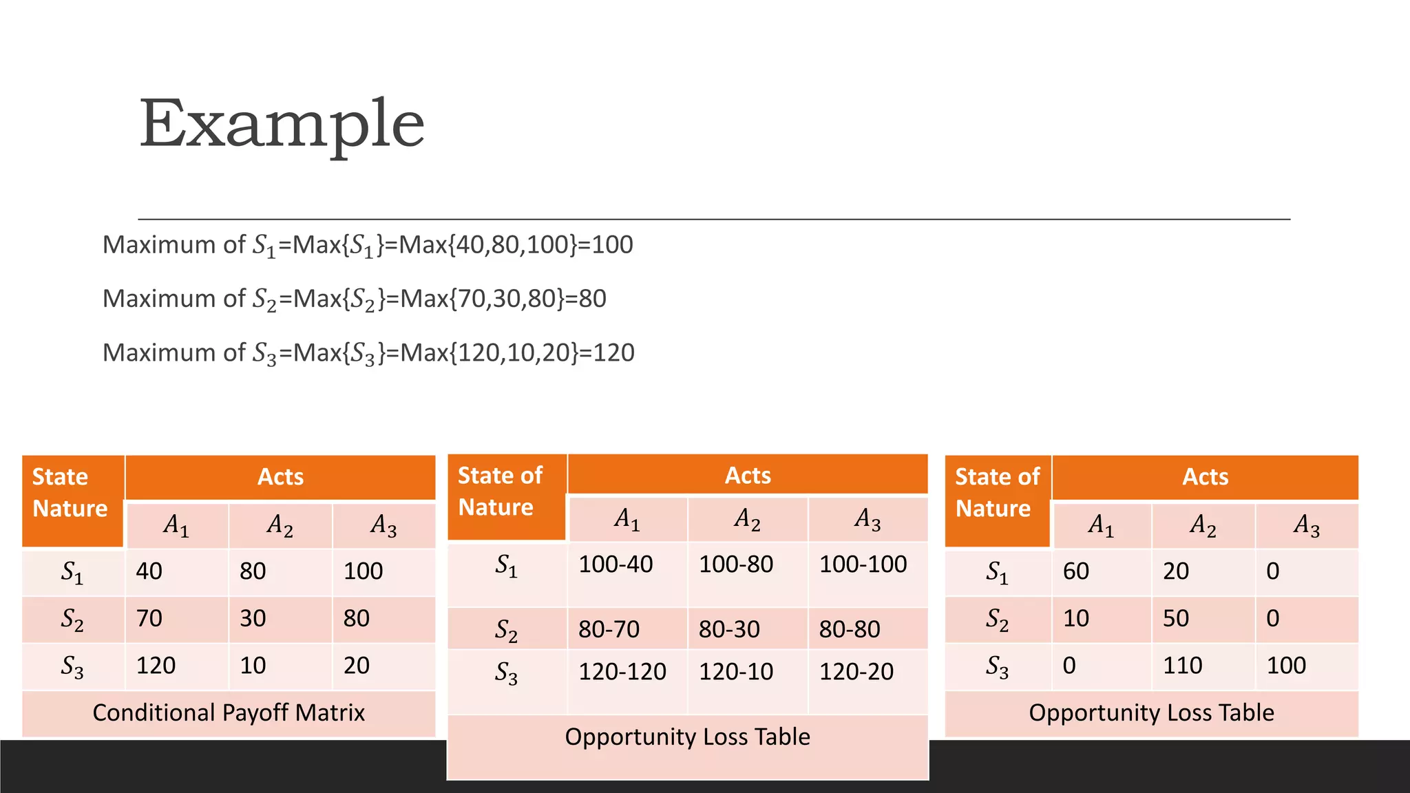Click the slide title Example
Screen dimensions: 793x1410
coord(282,124)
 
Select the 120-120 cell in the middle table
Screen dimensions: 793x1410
coord(622,672)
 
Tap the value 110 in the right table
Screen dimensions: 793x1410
coord(1182,666)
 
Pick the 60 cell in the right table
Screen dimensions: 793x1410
coord(1075,571)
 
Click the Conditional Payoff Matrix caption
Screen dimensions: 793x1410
coord(229,713)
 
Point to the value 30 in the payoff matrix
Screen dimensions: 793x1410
coord(253,618)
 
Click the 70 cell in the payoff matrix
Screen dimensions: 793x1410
coord(149,618)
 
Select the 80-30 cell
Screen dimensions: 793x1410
coord(729,629)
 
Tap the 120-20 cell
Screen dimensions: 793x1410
coord(856,672)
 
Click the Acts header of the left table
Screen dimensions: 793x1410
coord(280,477)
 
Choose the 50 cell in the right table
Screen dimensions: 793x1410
coord(1176,618)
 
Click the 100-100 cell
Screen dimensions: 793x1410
coord(863,564)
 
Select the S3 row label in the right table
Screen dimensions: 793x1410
coord(997,666)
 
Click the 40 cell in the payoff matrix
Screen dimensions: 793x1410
coord(149,571)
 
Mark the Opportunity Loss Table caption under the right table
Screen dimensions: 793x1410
coord(1151,713)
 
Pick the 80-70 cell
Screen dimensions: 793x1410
coord(609,629)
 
